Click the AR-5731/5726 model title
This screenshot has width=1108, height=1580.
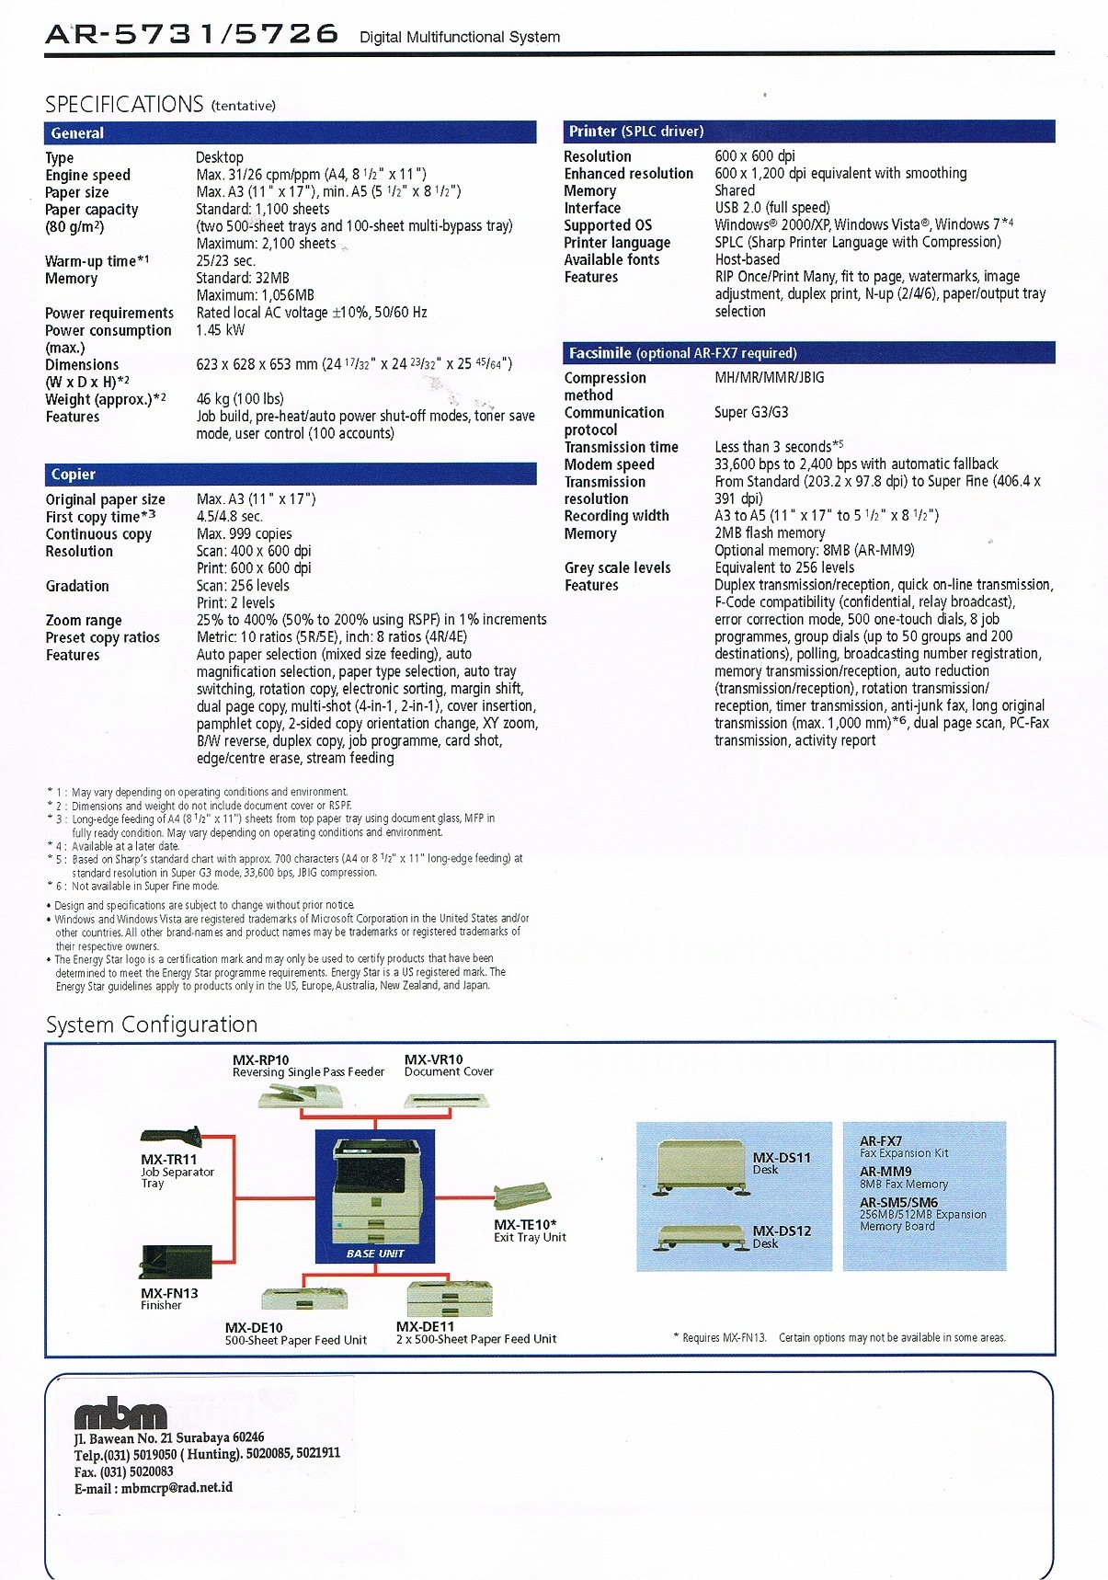[191, 35]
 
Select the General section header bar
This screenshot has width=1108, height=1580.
[290, 133]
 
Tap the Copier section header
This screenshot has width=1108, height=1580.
[290, 475]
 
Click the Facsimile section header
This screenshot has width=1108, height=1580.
[809, 353]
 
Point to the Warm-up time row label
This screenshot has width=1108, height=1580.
[97, 261]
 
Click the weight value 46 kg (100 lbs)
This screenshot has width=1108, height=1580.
[240, 399]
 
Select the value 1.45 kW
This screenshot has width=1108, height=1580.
[221, 330]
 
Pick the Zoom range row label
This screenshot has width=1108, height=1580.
[84, 621]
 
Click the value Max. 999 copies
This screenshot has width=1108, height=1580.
[244, 534]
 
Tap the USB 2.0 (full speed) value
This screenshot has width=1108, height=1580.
[772, 208]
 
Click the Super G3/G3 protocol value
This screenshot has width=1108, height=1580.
[751, 412]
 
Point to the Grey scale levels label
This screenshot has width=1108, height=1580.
[617, 568]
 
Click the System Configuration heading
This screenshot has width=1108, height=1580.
[152, 1025]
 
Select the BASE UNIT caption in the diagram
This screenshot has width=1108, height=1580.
[375, 1254]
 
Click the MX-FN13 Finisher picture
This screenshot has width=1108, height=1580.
[175, 1262]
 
